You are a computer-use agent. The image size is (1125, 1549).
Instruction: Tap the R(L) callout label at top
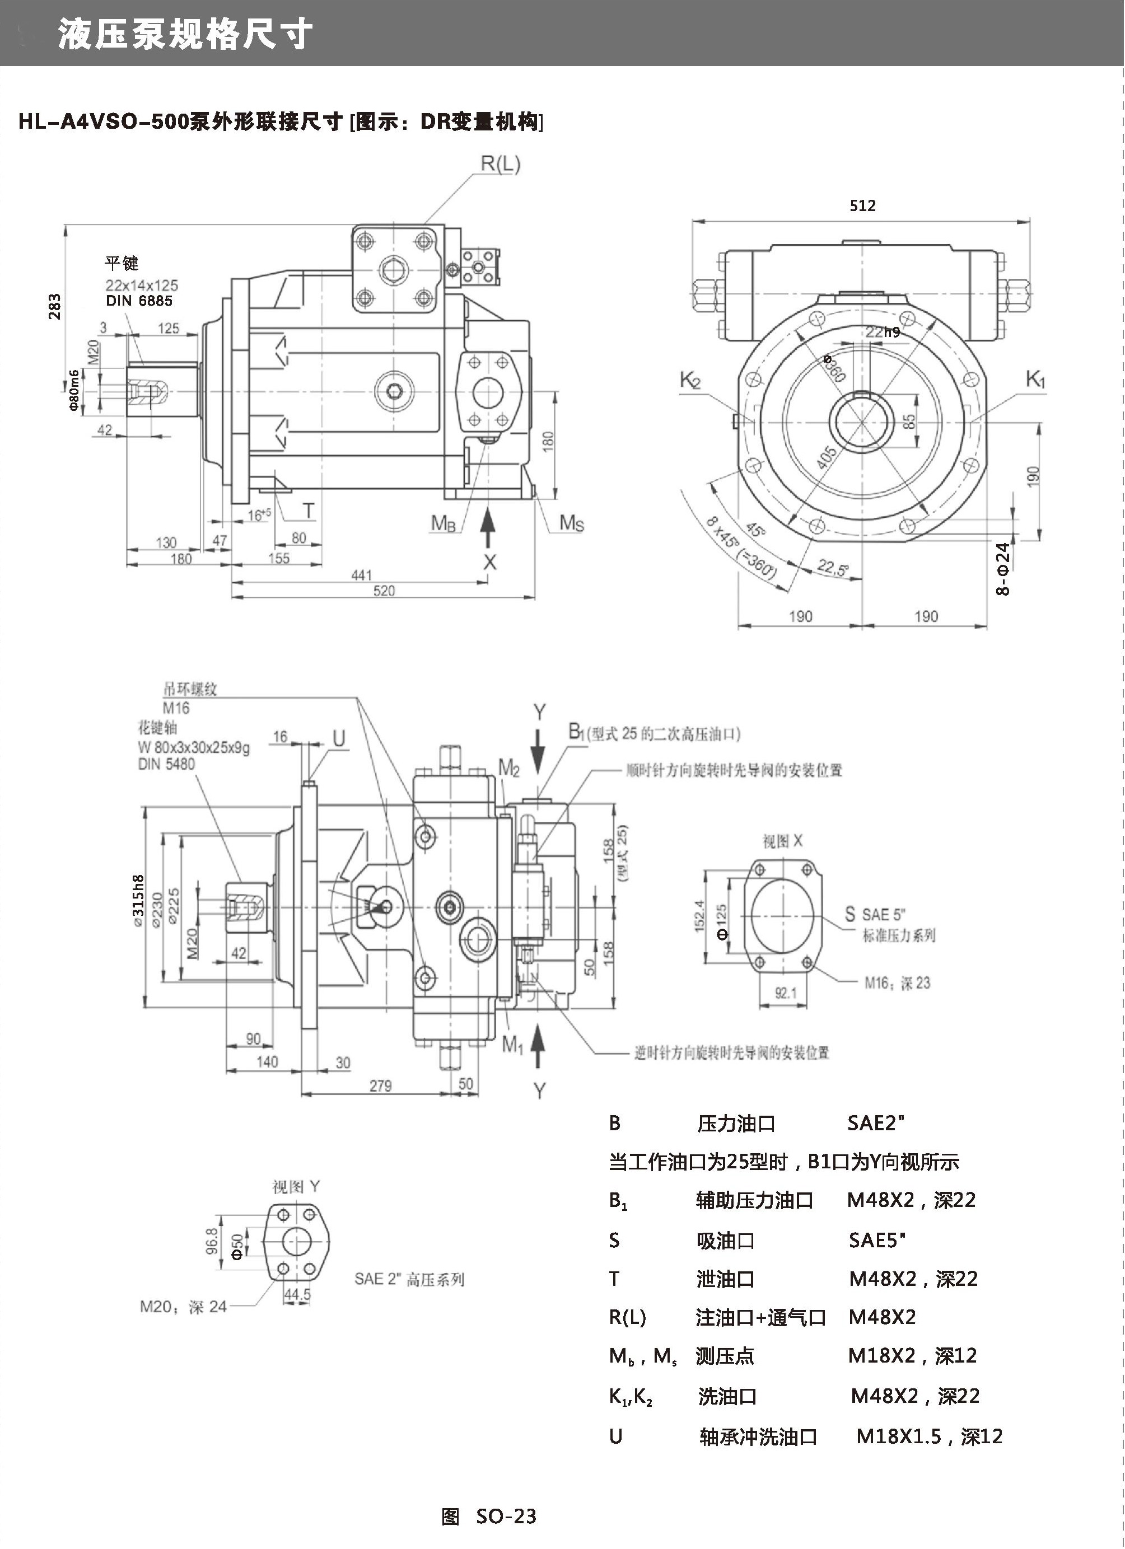click(x=500, y=164)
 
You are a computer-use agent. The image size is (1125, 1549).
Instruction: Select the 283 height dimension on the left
click(x=55, y=307)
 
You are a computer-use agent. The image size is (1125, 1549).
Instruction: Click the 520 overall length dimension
click(x=384, y=591)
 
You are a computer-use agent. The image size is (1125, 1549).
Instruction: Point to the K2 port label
click(x=690, y=380)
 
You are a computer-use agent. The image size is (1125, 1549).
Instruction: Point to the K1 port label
click(x=1035, y=379)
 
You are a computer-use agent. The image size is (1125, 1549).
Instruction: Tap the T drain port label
click(x=309, y=510)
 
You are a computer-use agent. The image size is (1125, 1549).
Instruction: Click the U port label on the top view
click(x=339, y=738)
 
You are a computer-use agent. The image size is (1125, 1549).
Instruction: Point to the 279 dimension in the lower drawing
click(x=380, y=1086)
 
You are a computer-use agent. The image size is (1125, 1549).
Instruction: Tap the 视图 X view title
click(x=782, y=841)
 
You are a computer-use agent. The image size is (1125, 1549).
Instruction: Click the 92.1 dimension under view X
click(x=786, y=994)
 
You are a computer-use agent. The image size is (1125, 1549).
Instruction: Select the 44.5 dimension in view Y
click(x=297, y=1294)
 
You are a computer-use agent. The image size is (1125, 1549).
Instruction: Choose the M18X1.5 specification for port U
click(x=899, y=1436)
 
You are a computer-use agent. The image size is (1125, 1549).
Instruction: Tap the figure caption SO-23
click(x=506, y=1516)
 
